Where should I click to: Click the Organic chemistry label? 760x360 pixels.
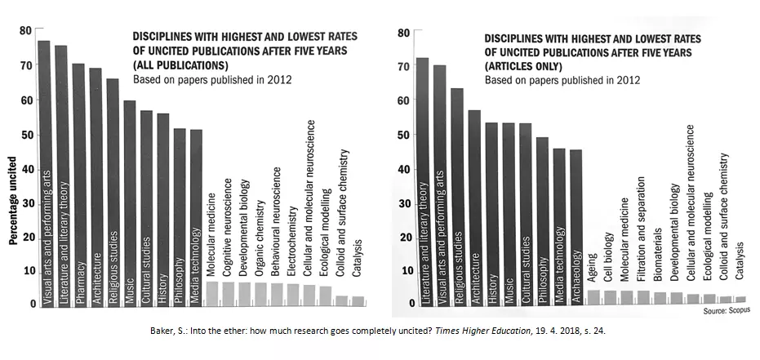pyautogui.click(x=260, y=237)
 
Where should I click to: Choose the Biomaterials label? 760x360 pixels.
pyautogui.click(x=660, y=260)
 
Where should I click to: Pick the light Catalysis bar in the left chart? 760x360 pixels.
pyautogui.click(x=357, y=300)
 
